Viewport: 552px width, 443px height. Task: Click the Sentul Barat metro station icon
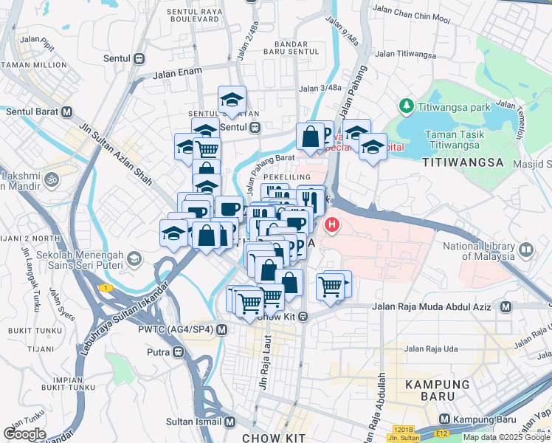[67, 112]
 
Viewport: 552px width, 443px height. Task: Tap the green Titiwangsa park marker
[406, 107]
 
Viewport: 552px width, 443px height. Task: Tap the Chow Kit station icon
[303, 317]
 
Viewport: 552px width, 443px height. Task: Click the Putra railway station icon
[178, 353]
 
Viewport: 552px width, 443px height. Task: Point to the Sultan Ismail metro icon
[229, 422]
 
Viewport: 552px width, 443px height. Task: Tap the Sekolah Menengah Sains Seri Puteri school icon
[134, 258]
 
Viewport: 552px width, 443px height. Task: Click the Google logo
[24, 434]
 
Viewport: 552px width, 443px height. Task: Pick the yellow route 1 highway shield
[108, 286]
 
